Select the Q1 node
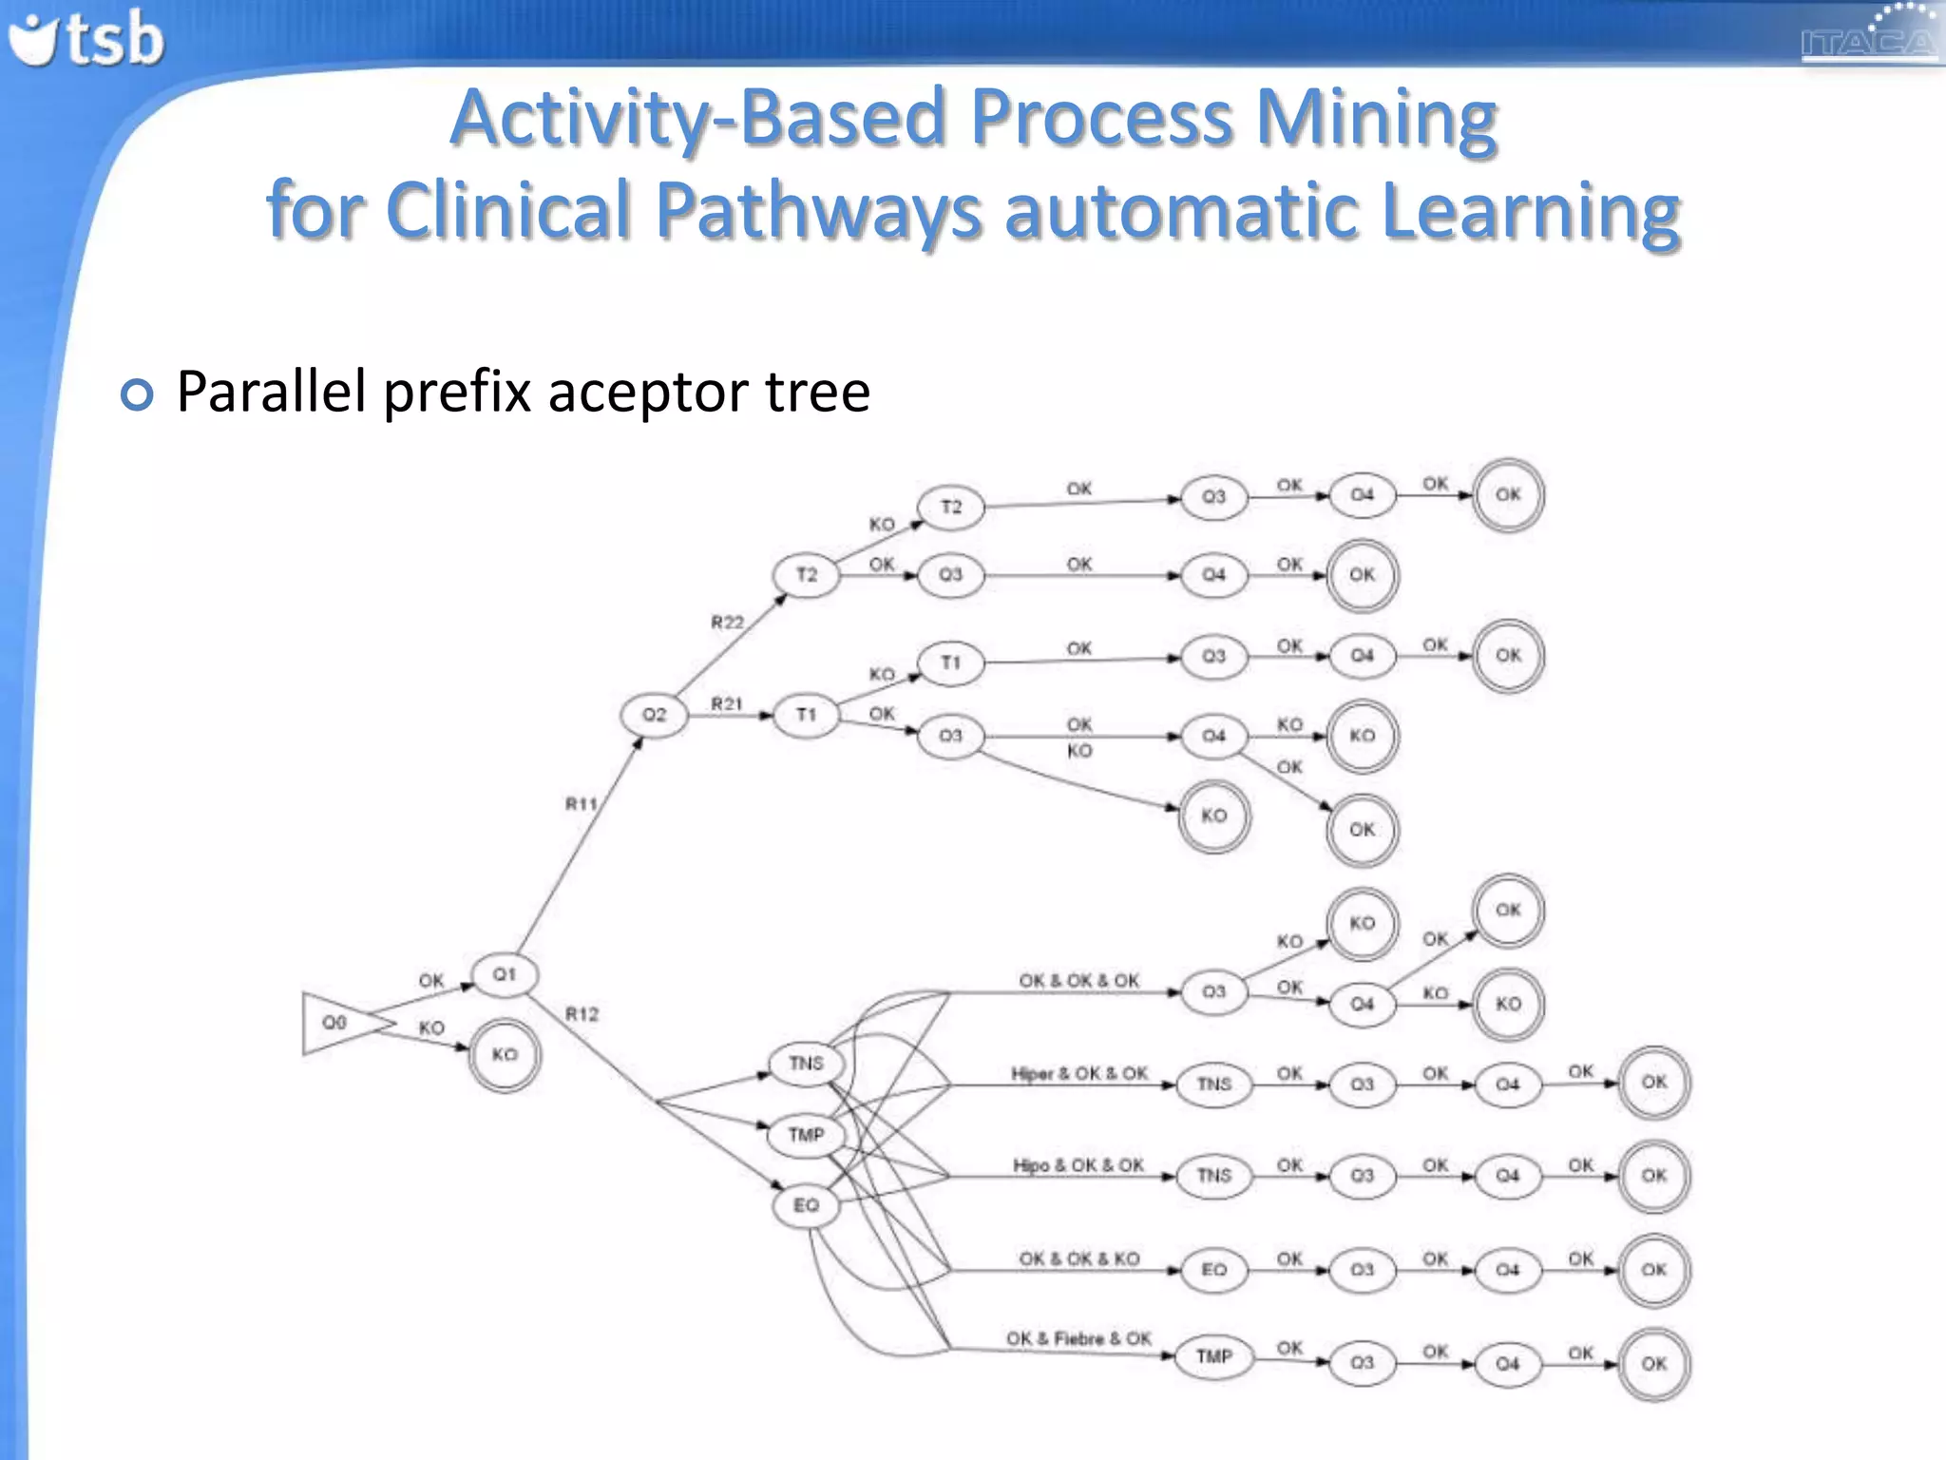pyautogui.click(x=505, y=974)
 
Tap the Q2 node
pyautogui.click(x=654, y=715)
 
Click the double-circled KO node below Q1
pyautogui.click(x=505, y=1054)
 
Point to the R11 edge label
pyautogui.click(x=582, y=804)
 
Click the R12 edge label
pyautogui.click(x=582, y=1014)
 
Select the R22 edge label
pyautogui.click(x=727, y=623)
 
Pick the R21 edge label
pyautogui.click(x=727, y=703)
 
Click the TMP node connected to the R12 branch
pyautogui.click(x=806, y=1135)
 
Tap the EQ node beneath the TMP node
pyautogui.click(x=806, y=1205)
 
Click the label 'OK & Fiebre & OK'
pyautogui.click(x=1078, y=1338)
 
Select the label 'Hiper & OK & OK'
pyautogui.click(x=1079, y=1073)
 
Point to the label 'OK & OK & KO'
pyautogui.click(x=1078, y=1258)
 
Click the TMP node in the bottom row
pyautogui.click(x=1213, y=1356)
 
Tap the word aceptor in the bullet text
pyautogui.click(x=648, y=392)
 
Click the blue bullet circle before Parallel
pyautogui.click(x=137, y=394)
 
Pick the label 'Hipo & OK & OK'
pyautogui.click(x=1078, y=1165)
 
